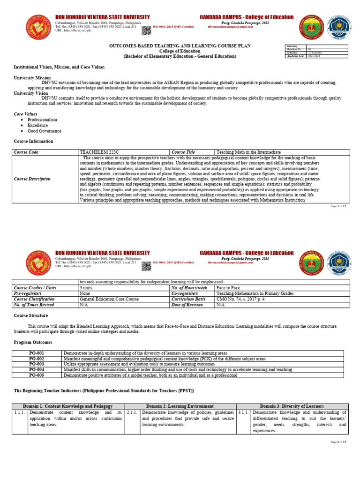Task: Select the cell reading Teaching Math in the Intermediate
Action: (x=248, y=152)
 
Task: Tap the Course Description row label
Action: (x=32, y=179)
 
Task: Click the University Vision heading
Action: (x=31, y=93)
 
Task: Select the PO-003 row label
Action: (x=36, y=364)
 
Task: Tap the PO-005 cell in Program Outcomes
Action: (x=36, y=375)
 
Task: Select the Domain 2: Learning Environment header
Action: (x=180, y=406)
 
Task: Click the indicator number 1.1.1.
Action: (x=20, y=412)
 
